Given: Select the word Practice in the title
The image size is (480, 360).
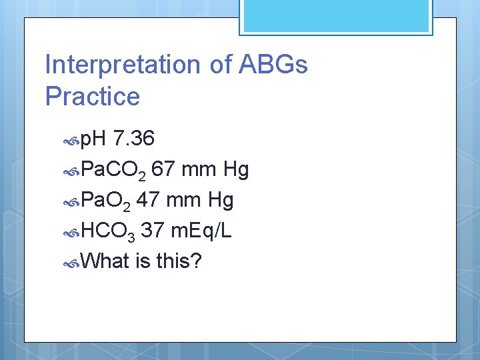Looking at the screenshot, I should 93,97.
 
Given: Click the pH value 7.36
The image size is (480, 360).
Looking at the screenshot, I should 134,139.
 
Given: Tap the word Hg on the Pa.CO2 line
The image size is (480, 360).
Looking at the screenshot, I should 236,169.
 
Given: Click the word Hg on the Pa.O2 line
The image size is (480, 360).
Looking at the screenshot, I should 221,200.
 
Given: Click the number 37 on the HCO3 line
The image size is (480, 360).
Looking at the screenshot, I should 153,231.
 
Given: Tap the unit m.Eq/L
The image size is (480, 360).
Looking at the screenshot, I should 201,231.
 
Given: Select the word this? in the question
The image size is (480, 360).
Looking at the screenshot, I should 179,261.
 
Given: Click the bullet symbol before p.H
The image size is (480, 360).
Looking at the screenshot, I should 71,140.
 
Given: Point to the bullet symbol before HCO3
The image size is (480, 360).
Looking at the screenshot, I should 71,232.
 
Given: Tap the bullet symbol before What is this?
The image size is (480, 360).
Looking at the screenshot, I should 71,262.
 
